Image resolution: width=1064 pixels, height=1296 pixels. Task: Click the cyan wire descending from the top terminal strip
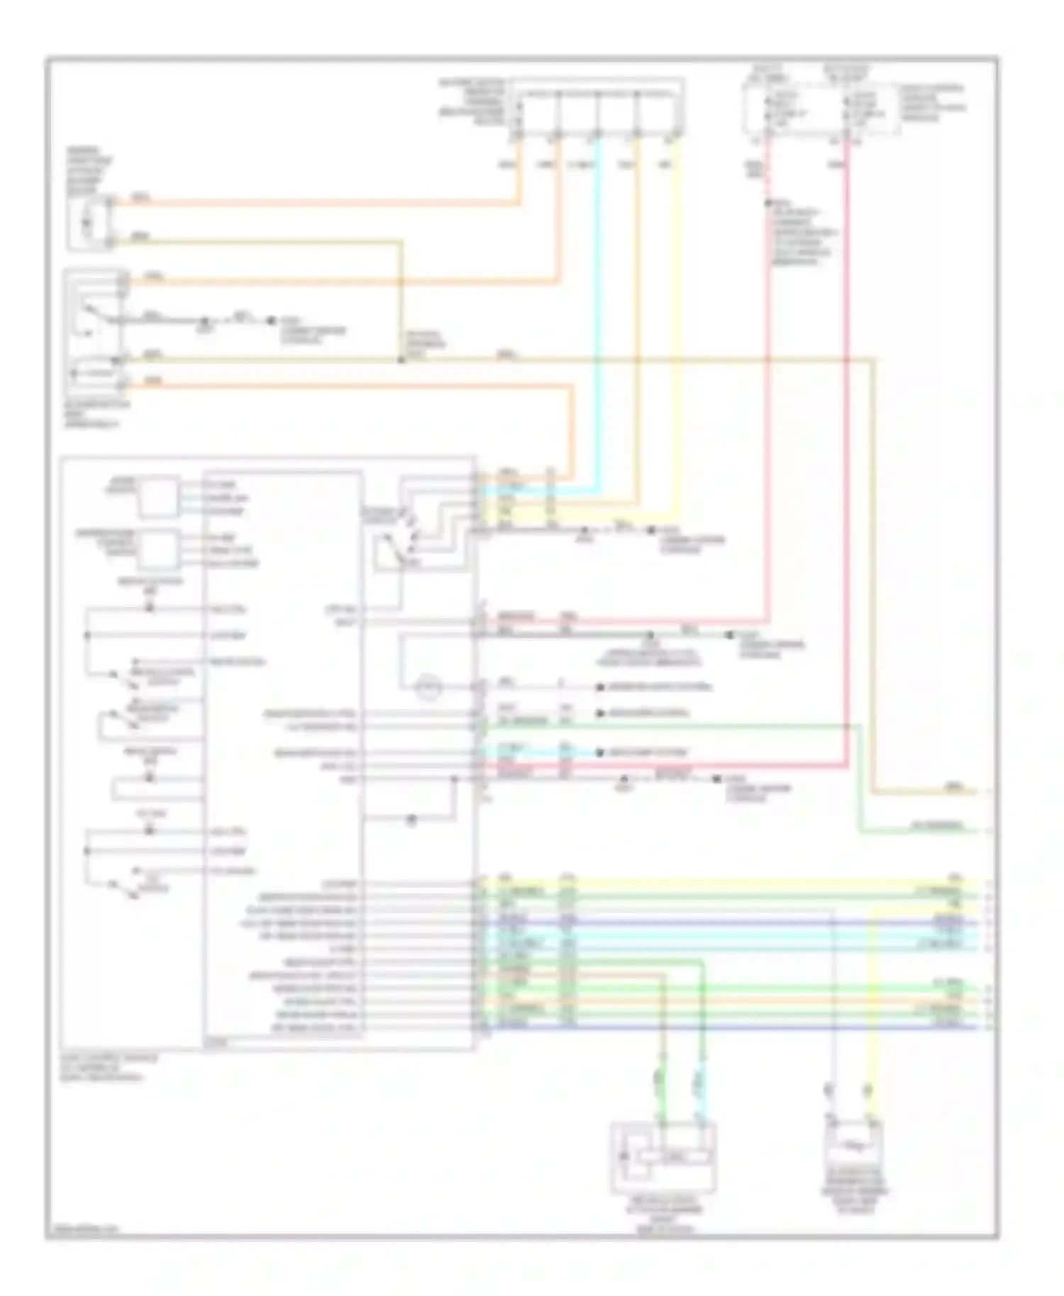point(599,319)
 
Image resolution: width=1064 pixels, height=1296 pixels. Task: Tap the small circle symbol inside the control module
point(428,686)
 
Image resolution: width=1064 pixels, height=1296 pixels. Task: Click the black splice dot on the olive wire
point(401,360)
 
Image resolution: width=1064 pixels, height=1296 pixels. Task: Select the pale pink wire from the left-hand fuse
point(768,425)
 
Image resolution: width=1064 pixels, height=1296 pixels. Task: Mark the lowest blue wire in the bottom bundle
point(731,1027)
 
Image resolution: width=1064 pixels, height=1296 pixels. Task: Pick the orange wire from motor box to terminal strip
point(319,203)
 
